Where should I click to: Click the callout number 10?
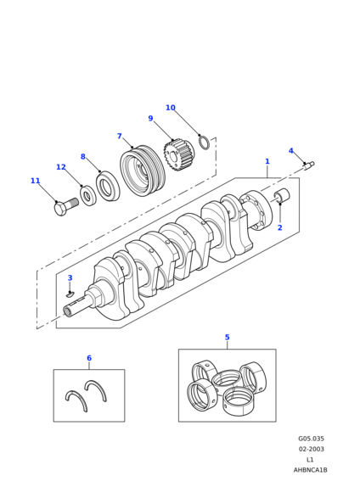[171, 108]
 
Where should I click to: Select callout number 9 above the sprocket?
[151, 118]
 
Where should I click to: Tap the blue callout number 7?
[120, 136]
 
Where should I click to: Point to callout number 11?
[36, 181]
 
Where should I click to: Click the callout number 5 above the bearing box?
[228, 338]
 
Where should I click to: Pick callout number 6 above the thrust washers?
[89, 358]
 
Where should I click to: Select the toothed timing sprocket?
[177, 154]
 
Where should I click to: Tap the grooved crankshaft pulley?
[143, 171]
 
